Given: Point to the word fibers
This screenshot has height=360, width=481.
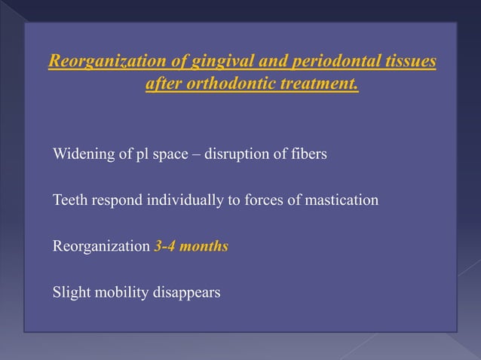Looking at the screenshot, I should pyautogui.click(x=309, y=155).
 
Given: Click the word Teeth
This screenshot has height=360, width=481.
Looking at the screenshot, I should pyautogui.click(x=69, y=200).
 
